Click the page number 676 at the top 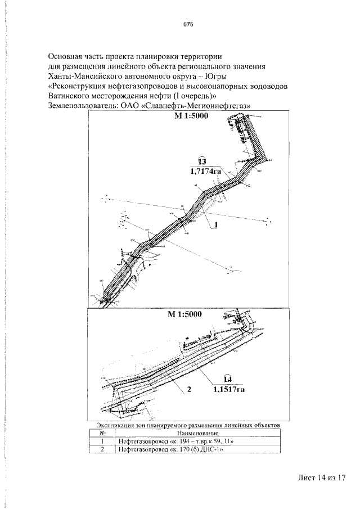click(x=188, y=25)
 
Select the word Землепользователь click(x=82, y=105)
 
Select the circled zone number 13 click(x=202, y=160)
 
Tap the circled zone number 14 click(x=230, y=379)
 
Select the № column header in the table click(x=103, y=434)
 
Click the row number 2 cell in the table click(x=103, y=450)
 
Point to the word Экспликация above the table click(x=114, y=426)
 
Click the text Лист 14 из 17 click(x=321, y=478)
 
